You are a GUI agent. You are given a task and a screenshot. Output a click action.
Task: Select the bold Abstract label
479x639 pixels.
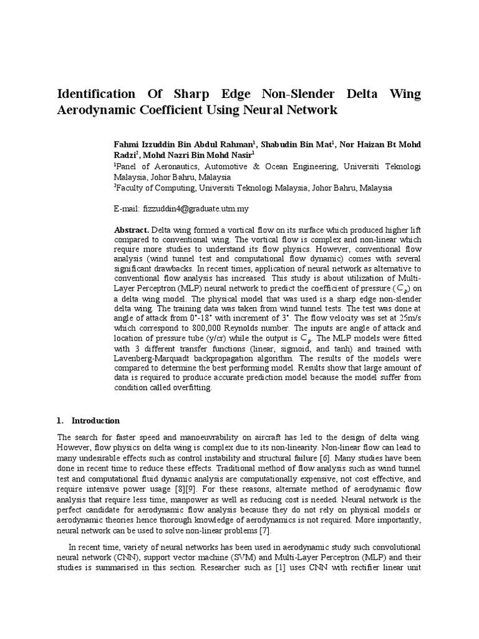[132, 229]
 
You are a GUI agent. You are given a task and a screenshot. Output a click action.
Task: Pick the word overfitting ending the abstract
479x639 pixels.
[190, 388]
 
